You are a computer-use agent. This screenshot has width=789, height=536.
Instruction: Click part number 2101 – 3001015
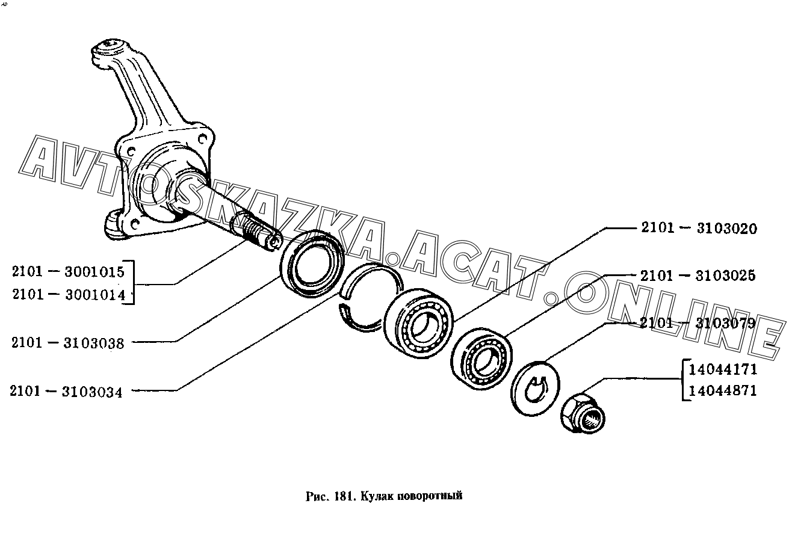pyautogui.click(x=67, y=271)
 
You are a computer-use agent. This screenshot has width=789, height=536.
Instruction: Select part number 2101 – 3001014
pyautogui.click(x=67, y=295)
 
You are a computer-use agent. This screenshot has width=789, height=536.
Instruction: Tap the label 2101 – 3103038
pyautogui.click(x=67, y=343)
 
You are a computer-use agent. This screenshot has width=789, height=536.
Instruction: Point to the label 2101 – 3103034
pyautogui.click(x=66, y=392)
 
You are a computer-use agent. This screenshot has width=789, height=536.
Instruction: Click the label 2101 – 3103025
pyautogui.click(x=698, y=276)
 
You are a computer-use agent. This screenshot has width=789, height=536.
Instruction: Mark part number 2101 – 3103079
pyautogui.click(x=698, y=324)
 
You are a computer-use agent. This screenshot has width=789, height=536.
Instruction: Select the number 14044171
pyautogui.click(x=723, y=369)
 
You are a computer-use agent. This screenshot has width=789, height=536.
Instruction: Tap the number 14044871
pyautogui.click(x=723, y=391)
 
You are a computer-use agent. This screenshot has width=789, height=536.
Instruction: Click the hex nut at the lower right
pyautogui.click(x=583, y=414)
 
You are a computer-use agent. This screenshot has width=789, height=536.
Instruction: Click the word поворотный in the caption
pyautogui.click(x=431, y=496)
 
